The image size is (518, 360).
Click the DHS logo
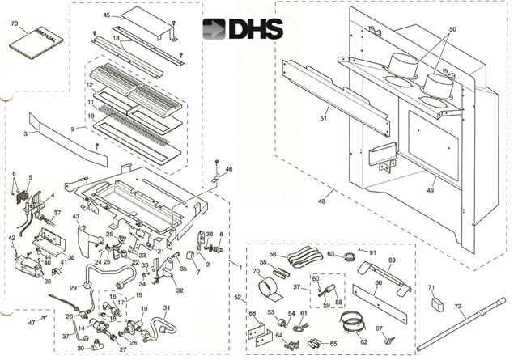[x=243, y=29]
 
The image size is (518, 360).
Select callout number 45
[x=107, y=16]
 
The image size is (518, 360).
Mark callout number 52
[x=238, y=297]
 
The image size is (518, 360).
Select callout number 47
[x=32, y=322]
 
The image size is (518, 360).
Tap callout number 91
[x=372, y=252]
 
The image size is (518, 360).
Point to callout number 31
[x=167, y=307]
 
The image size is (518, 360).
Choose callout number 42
[x=12, y=238]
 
